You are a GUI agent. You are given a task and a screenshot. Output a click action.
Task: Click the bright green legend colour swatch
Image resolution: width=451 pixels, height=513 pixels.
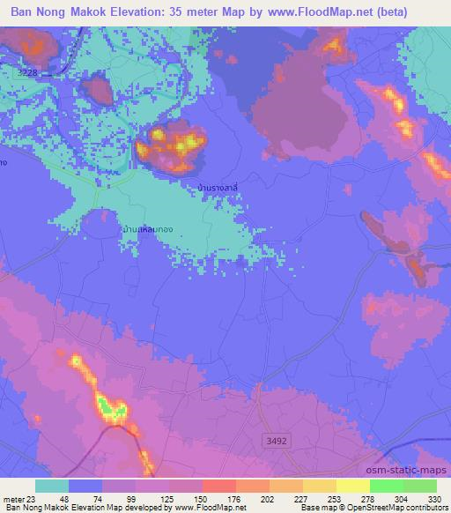pos(386,486)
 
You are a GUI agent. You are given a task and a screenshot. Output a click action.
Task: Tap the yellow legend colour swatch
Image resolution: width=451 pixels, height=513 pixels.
pos(352,486)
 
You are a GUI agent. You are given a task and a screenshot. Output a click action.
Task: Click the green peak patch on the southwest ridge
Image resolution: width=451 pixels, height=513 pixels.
pos(109,406)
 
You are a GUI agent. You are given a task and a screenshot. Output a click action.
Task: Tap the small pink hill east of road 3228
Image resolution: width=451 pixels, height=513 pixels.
pos(96,89)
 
